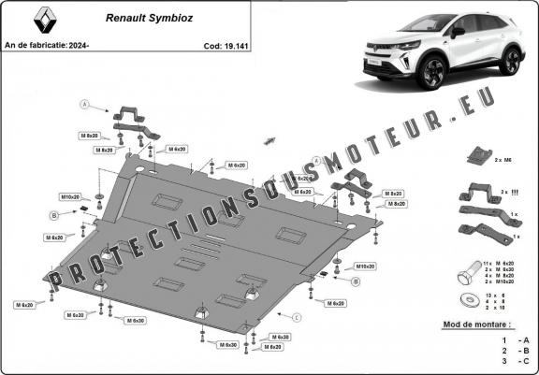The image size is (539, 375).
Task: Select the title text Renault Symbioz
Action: click(143, 17)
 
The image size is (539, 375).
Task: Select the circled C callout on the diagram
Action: click(297, 318)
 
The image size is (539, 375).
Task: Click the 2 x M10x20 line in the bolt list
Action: click(503, 282)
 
